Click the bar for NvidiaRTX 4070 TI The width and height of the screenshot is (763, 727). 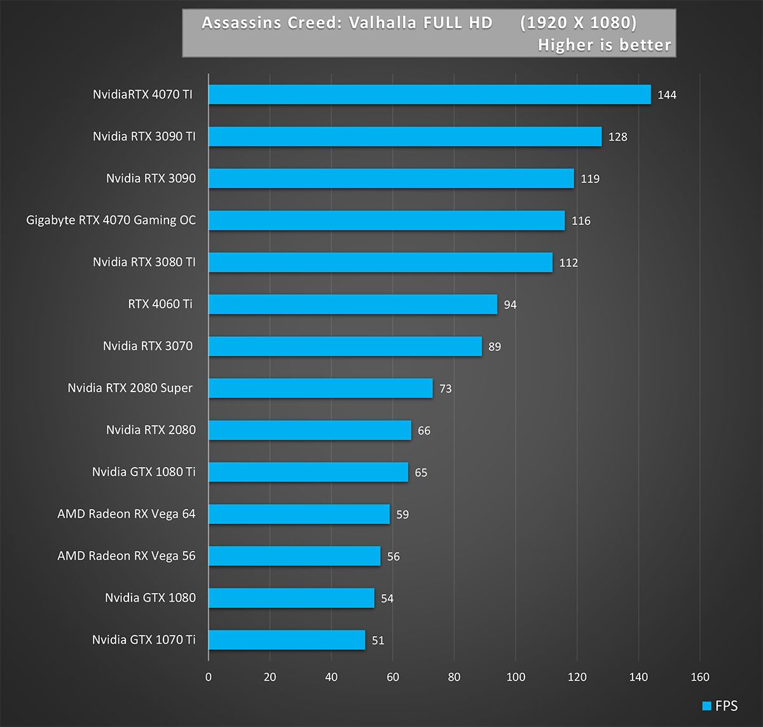click(x=429, y=95)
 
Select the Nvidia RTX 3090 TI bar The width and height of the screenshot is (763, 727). click(x=405, y=137)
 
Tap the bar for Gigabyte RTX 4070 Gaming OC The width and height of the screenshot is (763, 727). click(x=387, y=221)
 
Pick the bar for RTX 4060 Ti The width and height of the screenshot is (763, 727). click(x=353, y=304)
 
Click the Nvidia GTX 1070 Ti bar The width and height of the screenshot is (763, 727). click(x=287, y=640)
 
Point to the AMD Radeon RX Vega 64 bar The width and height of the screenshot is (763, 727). click(x=299, y=514)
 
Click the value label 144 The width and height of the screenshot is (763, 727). click(x=667, y=95)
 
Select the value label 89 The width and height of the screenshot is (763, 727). click(x=495, y=347)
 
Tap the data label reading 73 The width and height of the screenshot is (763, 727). click(x=446, y=389)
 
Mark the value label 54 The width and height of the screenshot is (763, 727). click(x=387, y=599)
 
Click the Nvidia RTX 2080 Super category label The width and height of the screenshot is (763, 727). click(x=130, y=388)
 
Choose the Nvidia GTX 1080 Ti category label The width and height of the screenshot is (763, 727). click(x=144, y=472)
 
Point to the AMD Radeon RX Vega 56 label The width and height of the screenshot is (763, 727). click(x=127, y=556)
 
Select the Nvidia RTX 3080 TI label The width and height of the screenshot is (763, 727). click(x=144, y=262)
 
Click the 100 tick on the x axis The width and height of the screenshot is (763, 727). click(x=516, y=677)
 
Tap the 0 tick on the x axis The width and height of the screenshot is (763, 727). click(x=209, y=677)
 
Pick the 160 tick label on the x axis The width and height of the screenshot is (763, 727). click(x=700, y=677)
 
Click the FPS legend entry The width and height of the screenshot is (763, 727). click(x=720, y=706)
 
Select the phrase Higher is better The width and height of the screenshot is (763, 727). click(x=604, y=45)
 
